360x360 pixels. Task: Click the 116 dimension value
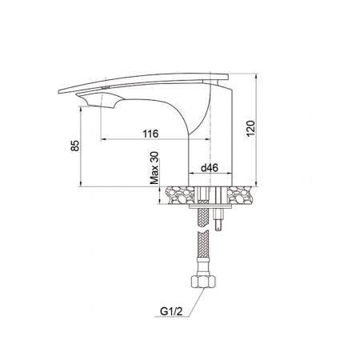[x=150, y=134]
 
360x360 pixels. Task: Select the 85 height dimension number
[x=75, y=146]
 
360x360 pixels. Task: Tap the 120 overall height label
[x=250, y=129]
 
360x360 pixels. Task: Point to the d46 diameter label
[x=210, y=168]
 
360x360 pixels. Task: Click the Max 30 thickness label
[x=154, y=168]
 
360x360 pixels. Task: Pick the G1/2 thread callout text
[x=171, y=311]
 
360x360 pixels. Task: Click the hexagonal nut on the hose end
[x=203, y=282]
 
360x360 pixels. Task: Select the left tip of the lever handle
[x=59, y=91]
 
